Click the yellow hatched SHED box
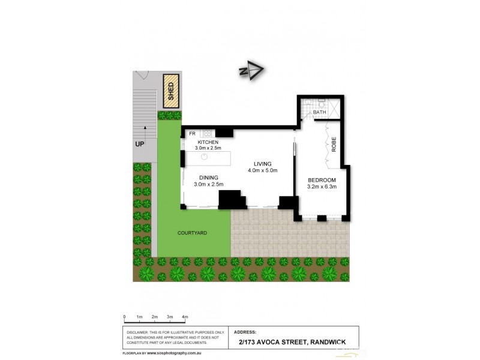(171, 91)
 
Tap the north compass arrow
(253, 71)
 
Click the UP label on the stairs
(140, 145)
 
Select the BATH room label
(319, 112)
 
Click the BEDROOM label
(322, 180)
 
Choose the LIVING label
(263, 163)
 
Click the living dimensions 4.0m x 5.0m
(262, 170)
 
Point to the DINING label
(209, 177)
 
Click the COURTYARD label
(192, 232)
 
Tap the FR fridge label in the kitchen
(193, 133)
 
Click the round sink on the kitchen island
(204, 158)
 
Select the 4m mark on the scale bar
(185, 316)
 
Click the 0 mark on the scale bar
(124, 316)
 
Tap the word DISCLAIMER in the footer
(137, 331)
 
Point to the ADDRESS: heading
(246, 331)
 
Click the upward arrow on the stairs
(144, 130)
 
